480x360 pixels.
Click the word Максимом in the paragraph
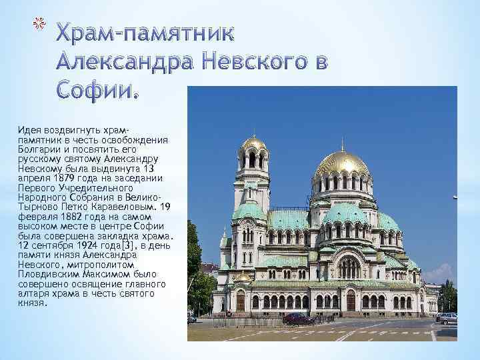132,273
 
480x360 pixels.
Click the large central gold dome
342,164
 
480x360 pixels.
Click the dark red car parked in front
298,319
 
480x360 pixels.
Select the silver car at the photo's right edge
447,319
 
